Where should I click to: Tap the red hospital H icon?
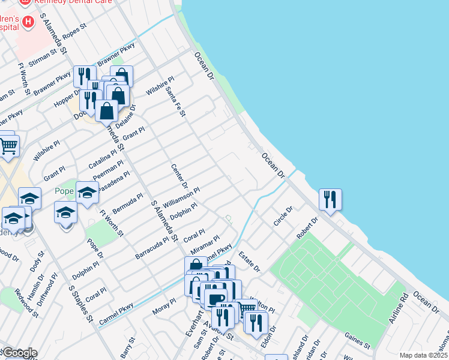point(28,23)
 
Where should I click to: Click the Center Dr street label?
point(179,178)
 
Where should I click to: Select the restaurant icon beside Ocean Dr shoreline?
point(330,199)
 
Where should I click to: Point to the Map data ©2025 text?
point(423,355)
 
